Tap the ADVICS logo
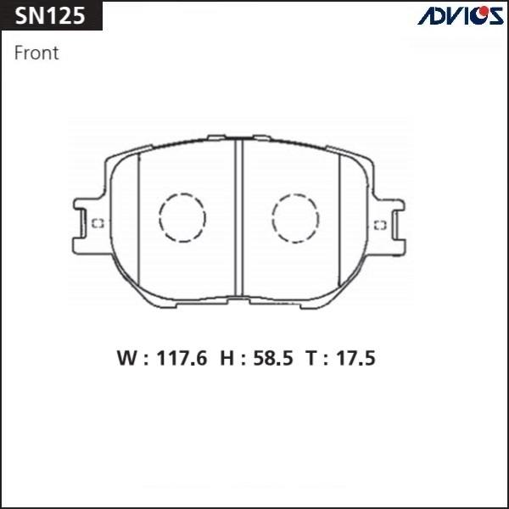(460, 15)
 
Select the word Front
(37, 53)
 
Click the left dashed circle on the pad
(182, 218)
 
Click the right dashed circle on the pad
(294, 218)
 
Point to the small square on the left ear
(98, 224)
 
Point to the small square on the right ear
(381, 224)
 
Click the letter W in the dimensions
(126, 359)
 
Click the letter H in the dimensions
(226, 359)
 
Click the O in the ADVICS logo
(477, 15)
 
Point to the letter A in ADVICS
(424, 15)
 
